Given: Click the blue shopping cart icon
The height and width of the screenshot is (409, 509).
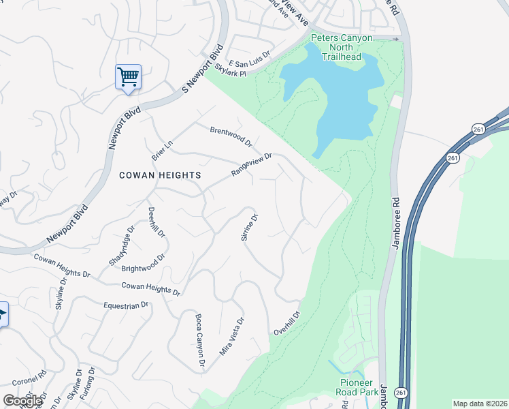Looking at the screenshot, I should (x=128, y=76).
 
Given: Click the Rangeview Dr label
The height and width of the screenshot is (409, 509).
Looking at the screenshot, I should (x=251, y=164).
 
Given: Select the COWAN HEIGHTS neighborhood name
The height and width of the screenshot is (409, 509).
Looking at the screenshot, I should (x=160, y=175).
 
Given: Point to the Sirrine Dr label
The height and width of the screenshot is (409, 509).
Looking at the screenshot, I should (x=250, y=228).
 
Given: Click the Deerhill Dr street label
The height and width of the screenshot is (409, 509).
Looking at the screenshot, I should (x=157, y=222).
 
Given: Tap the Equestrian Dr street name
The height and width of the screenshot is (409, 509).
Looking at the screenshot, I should (x=126, y=305).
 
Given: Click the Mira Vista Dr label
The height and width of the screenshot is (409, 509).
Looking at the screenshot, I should (x=231, y=336).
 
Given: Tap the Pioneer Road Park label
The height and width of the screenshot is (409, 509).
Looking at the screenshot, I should (x=357, y=387).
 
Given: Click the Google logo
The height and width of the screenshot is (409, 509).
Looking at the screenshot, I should (x=23, y=401).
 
